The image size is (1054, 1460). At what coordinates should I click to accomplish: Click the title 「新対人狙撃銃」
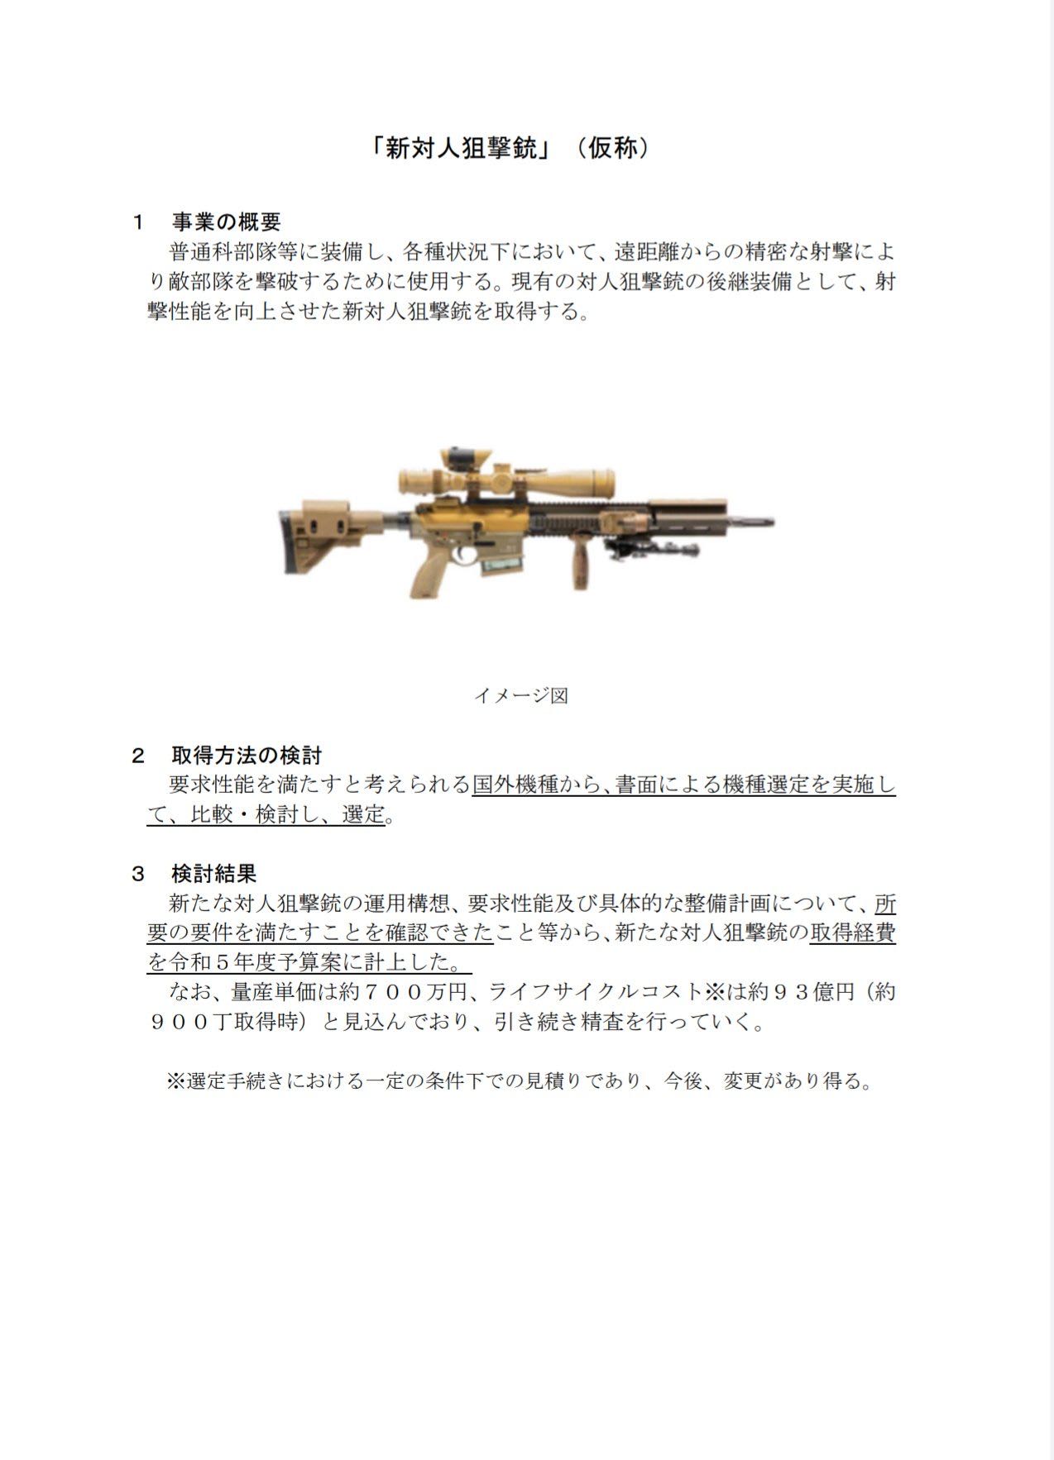[461, 149]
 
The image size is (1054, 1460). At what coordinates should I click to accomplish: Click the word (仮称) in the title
[613, 149]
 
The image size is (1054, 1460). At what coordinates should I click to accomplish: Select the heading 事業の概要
[226, 222]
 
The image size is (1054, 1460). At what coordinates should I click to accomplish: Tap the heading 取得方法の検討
[247, 755]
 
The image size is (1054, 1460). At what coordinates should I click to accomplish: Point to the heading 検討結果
[214, 873]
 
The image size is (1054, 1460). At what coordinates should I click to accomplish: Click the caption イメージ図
[520, 695]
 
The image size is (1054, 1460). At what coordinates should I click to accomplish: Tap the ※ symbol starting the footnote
[175, 1081]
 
